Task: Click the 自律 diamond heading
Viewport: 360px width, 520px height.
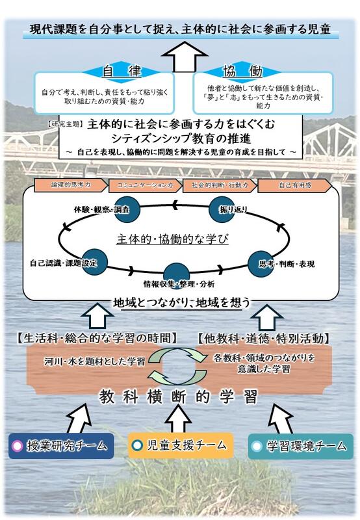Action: coord(122,71)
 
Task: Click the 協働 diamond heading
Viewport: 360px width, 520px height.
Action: coord(242,71)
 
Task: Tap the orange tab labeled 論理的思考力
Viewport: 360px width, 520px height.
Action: coord(71,185)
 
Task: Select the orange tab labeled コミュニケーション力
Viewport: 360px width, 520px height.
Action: coord(145,186)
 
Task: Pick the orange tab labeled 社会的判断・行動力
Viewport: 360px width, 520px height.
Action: coord(220,186)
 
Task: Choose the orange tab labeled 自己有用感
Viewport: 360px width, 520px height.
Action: coord(294,186)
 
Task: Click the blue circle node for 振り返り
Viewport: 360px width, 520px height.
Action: coord(222,209)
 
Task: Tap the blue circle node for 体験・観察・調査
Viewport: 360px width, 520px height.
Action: coord(127,209)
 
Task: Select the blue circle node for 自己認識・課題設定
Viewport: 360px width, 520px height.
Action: coord(94,263)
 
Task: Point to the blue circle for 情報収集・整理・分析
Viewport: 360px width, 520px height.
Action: coord(177,274)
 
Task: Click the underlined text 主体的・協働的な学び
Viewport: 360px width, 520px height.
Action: coord(172,239)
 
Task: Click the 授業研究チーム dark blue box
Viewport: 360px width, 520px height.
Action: coord(61,446)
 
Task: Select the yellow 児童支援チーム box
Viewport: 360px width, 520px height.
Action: coord(181,445)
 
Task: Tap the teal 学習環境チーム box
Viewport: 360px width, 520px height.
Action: coord(301,446)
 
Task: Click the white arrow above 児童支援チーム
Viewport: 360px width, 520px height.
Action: coord(178,419)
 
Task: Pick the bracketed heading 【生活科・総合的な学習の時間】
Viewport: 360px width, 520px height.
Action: coord(96,338)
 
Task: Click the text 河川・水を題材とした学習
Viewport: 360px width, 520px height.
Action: coord(95,361)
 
